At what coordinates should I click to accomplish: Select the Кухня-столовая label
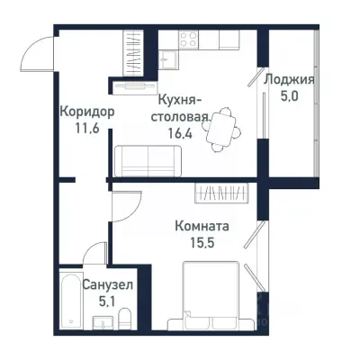184,107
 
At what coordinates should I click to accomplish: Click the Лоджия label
286,79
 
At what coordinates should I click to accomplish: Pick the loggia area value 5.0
286,95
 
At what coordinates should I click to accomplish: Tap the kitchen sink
168,59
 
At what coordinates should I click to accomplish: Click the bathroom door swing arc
123,214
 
